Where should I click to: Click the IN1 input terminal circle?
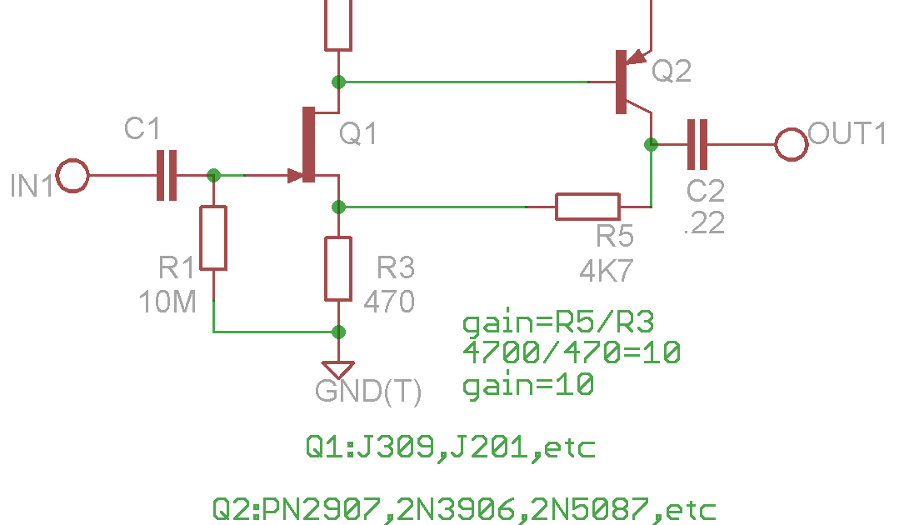coord(72,175)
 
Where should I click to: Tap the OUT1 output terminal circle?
coord(792,144)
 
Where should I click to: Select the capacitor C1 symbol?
coord(167,175)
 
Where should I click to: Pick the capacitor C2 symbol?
coord(697,144)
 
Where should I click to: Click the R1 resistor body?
coord(213,237)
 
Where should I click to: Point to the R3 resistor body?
coord(338,269)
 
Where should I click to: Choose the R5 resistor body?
coord(587,207)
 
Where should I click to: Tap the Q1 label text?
coord(357,133)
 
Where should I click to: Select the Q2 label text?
coord(672,71)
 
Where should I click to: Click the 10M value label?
coord(167,302)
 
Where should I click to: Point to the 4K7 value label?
coord(607,271)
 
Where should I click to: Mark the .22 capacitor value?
coord(705,223)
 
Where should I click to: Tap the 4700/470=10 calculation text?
coord(572,352)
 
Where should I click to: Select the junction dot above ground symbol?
coord(338,332)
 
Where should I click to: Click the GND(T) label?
coord(368,392)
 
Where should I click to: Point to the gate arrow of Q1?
coord(296,175)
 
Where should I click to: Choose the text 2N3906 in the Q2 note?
coord(457,509)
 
